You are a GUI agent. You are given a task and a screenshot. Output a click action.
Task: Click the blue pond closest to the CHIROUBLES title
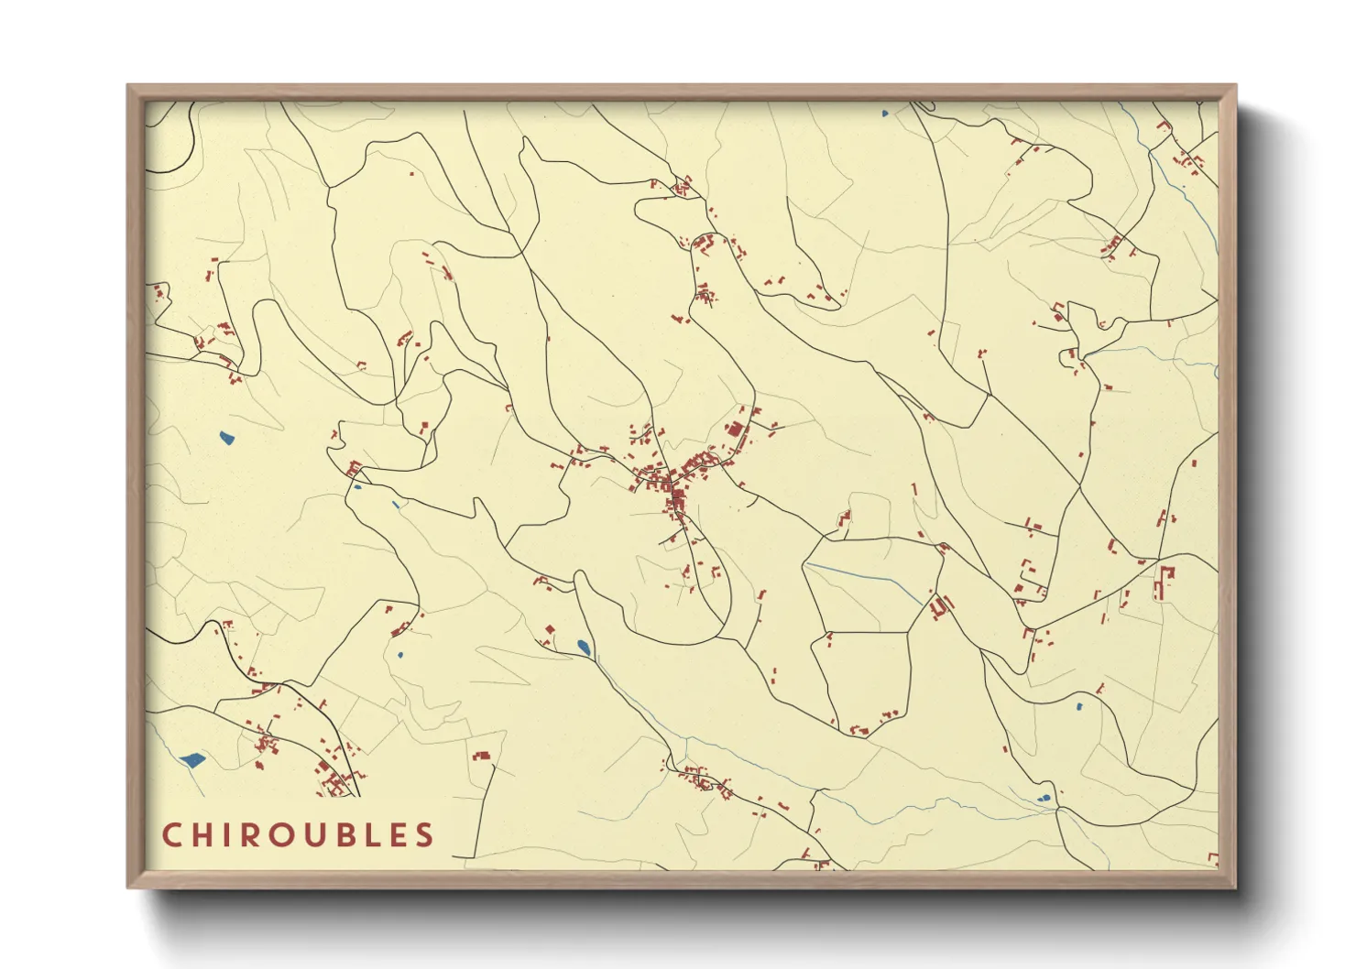point(192,759)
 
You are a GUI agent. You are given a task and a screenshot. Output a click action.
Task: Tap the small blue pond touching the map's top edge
point(885,114)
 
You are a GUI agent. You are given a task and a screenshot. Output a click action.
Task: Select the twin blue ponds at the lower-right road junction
point(1044,799)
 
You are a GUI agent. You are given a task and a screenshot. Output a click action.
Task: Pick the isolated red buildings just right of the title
point(481,756)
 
